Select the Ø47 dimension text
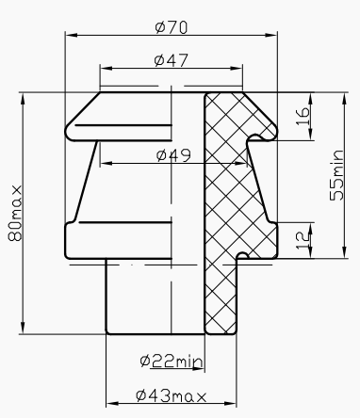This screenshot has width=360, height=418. [x=171, y=60]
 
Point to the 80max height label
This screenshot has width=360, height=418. [x=14, y=214]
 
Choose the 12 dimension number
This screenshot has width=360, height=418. [x=302, y=239]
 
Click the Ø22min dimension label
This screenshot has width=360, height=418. [x=171, y=362]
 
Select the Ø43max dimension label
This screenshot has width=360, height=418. [x=172, y=394]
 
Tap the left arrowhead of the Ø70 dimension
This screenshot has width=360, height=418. [x=68, y=35]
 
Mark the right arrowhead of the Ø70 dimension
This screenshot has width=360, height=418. [x=278, y=35]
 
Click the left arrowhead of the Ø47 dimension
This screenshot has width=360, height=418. [x=102, y=69]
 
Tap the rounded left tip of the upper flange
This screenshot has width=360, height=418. [x=66, y=129]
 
